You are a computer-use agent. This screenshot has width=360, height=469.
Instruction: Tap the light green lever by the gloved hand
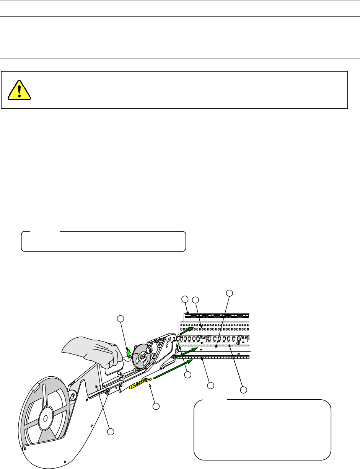129,351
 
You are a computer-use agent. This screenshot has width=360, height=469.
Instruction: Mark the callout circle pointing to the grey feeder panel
111,431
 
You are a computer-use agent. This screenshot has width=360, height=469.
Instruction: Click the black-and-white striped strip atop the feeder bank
216,316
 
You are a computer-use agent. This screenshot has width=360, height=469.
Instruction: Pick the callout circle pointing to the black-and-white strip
185,299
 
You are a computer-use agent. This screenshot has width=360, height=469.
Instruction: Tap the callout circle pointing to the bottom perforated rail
210,385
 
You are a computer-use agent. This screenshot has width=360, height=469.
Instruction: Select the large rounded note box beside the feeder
262,429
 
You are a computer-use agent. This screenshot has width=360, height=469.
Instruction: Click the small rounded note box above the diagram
103,241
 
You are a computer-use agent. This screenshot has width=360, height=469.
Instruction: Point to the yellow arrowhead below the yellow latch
150,389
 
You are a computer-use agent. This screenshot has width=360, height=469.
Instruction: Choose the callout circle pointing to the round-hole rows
195,300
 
